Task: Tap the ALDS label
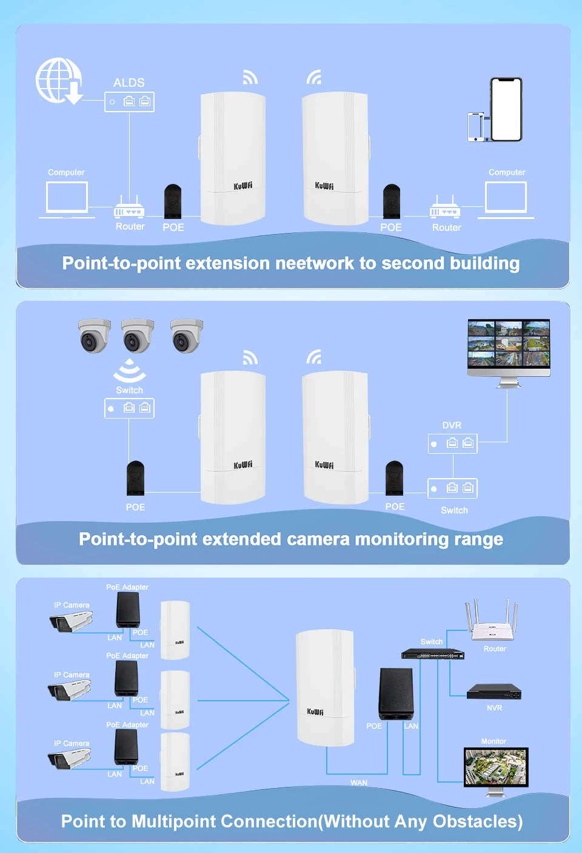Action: click(129, 83)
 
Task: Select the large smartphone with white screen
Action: click(506, 109)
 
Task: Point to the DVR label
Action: click(452, 425)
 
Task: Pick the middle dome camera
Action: click(138, 335)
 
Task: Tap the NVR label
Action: click(494, 708)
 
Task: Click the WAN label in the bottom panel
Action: click(359, 783)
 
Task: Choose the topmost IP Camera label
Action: click(72, 605)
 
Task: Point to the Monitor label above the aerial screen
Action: click(493, 741)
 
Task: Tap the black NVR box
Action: click(493, 692)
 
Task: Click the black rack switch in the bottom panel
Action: click(432, 654)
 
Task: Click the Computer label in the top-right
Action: click(507, 172)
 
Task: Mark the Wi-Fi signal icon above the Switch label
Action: click(129, 371)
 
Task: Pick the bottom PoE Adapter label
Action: click(127, 725)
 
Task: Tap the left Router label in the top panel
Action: click(130, 226)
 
